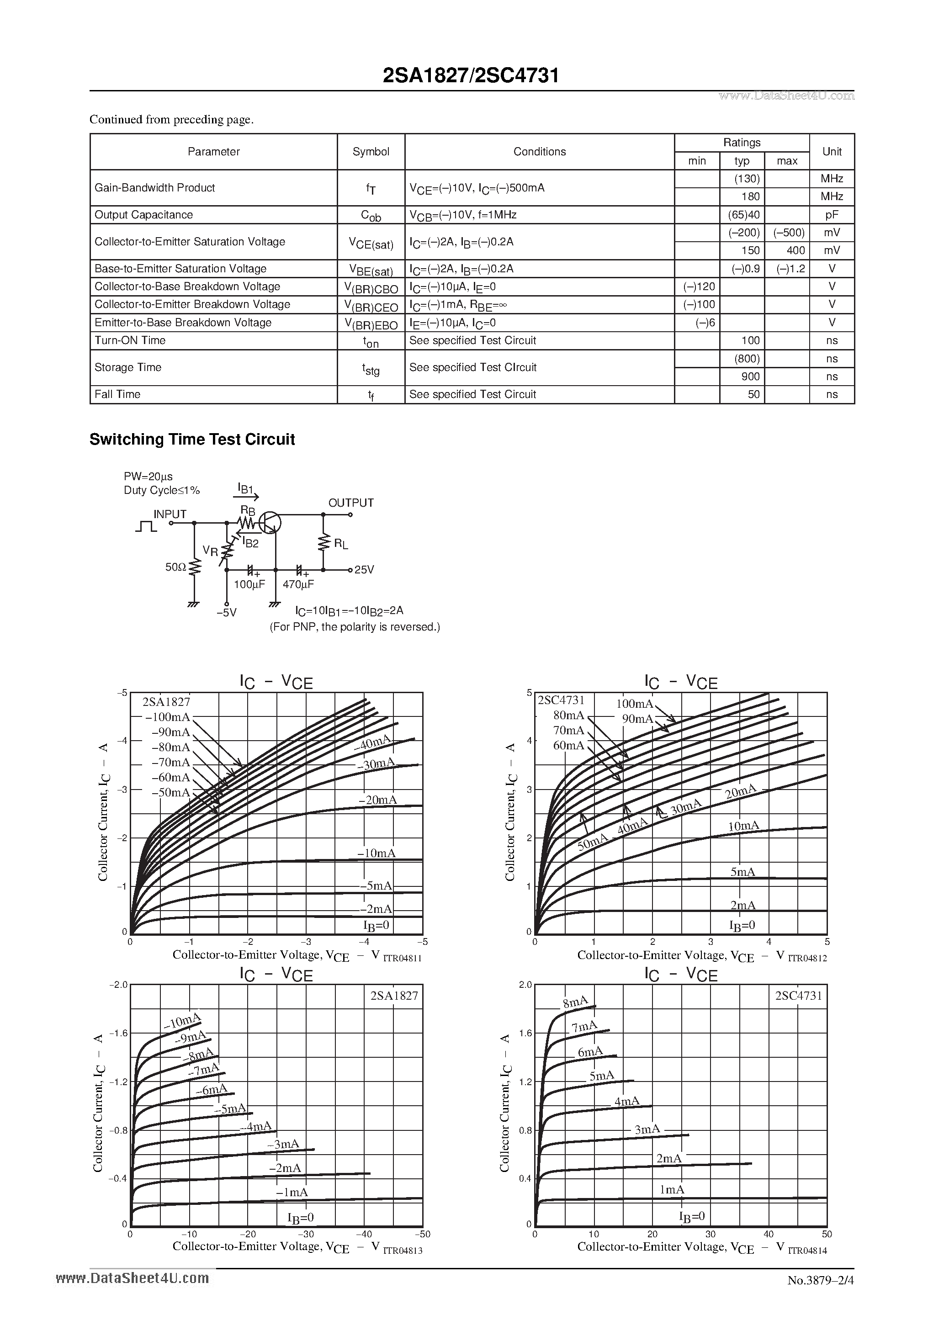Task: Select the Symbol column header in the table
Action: coord(371,152)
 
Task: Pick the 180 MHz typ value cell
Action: coord(750,196)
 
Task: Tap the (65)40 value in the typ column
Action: coord(744,215)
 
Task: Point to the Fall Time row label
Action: coord(117,394)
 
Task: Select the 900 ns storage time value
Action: coord(750,376)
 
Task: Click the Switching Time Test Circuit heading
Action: coord(192,440)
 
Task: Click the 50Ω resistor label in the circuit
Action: coord(175,567)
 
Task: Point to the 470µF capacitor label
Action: coord(298,584)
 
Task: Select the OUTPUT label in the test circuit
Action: coord(351,503)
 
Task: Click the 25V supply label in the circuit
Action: coord(364,570)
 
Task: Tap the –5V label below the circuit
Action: coord(226,612)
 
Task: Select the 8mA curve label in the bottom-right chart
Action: coord(575,1002)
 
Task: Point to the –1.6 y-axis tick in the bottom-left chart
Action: coord(118,1033)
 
